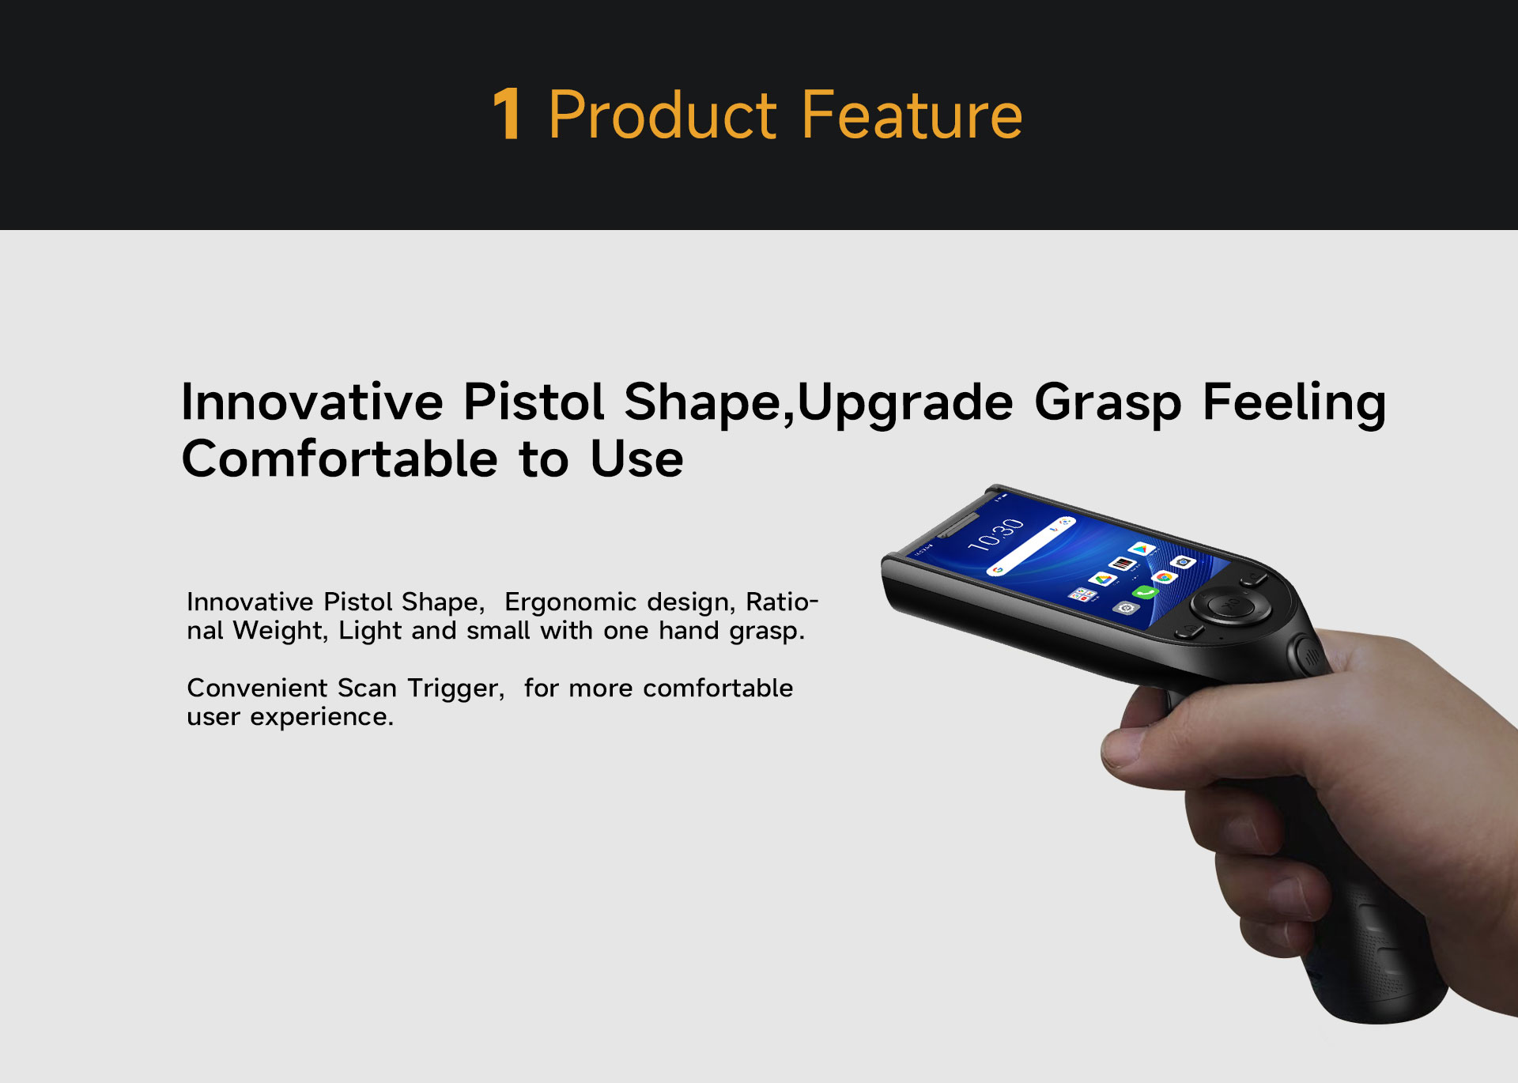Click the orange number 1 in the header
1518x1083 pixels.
click(x=506, y=115)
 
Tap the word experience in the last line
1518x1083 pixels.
click(x=322, y=718)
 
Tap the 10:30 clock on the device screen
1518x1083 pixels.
click(x=995, y=534)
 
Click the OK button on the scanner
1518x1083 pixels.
click(x=1231, y=607)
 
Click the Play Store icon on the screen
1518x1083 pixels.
click(x=1141, y=548)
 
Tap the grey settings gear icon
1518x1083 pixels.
click(x=1125, y=608)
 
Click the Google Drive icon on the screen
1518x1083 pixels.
click(x=1102, y=579)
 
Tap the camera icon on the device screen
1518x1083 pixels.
click(x=1184, y=562)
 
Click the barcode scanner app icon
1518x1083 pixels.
click(x=1122, y=564)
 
